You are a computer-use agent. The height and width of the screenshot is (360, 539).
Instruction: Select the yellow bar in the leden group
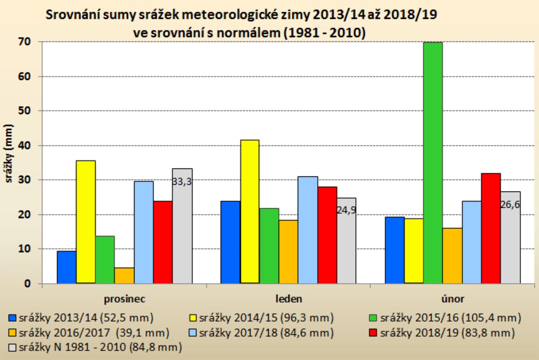[249, 211]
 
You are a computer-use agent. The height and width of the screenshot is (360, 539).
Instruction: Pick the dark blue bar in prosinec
[66, 267]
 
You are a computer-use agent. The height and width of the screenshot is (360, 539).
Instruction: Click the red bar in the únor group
[490, 228]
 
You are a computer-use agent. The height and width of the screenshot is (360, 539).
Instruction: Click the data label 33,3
[182, 181]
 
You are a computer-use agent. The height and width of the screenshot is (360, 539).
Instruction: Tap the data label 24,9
[346, 210]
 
